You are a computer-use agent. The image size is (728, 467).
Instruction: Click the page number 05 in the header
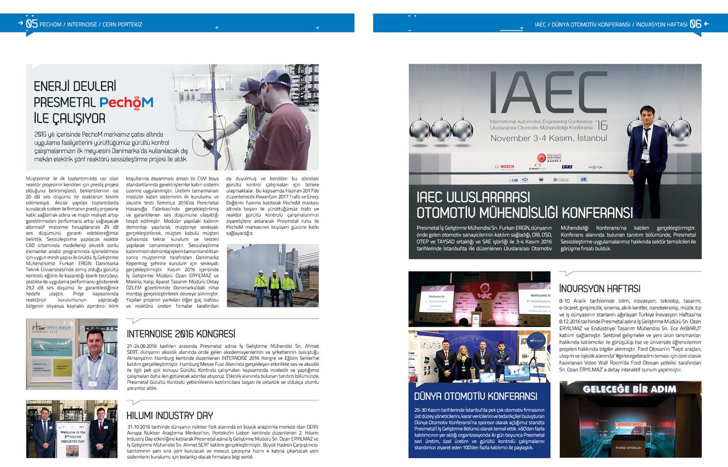(32, 24)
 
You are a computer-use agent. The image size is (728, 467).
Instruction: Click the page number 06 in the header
(695, 24)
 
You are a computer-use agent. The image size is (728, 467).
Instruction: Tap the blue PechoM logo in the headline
(126, 102)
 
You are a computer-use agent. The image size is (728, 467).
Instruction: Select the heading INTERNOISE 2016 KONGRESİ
(181, 334)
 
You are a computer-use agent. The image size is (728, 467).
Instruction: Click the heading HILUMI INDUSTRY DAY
(170, 416)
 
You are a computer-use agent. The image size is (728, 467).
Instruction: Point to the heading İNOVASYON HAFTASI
(599, 288)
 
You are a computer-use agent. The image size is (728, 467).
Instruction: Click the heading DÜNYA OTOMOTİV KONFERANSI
(475, 397)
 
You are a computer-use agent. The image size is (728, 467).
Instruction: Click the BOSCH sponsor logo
(505, 166)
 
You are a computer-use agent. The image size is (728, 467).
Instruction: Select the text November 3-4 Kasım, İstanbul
(548, 138)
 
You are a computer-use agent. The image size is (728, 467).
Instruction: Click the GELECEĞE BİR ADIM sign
(629, 389)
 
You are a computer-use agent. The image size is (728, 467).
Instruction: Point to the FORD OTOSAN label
(628, 448)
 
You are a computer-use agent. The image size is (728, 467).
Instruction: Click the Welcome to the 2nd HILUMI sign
(73, 437)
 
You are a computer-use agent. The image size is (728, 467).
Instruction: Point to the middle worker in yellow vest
(274, 283)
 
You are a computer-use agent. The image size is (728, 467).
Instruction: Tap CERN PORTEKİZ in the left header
(122, 25)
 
